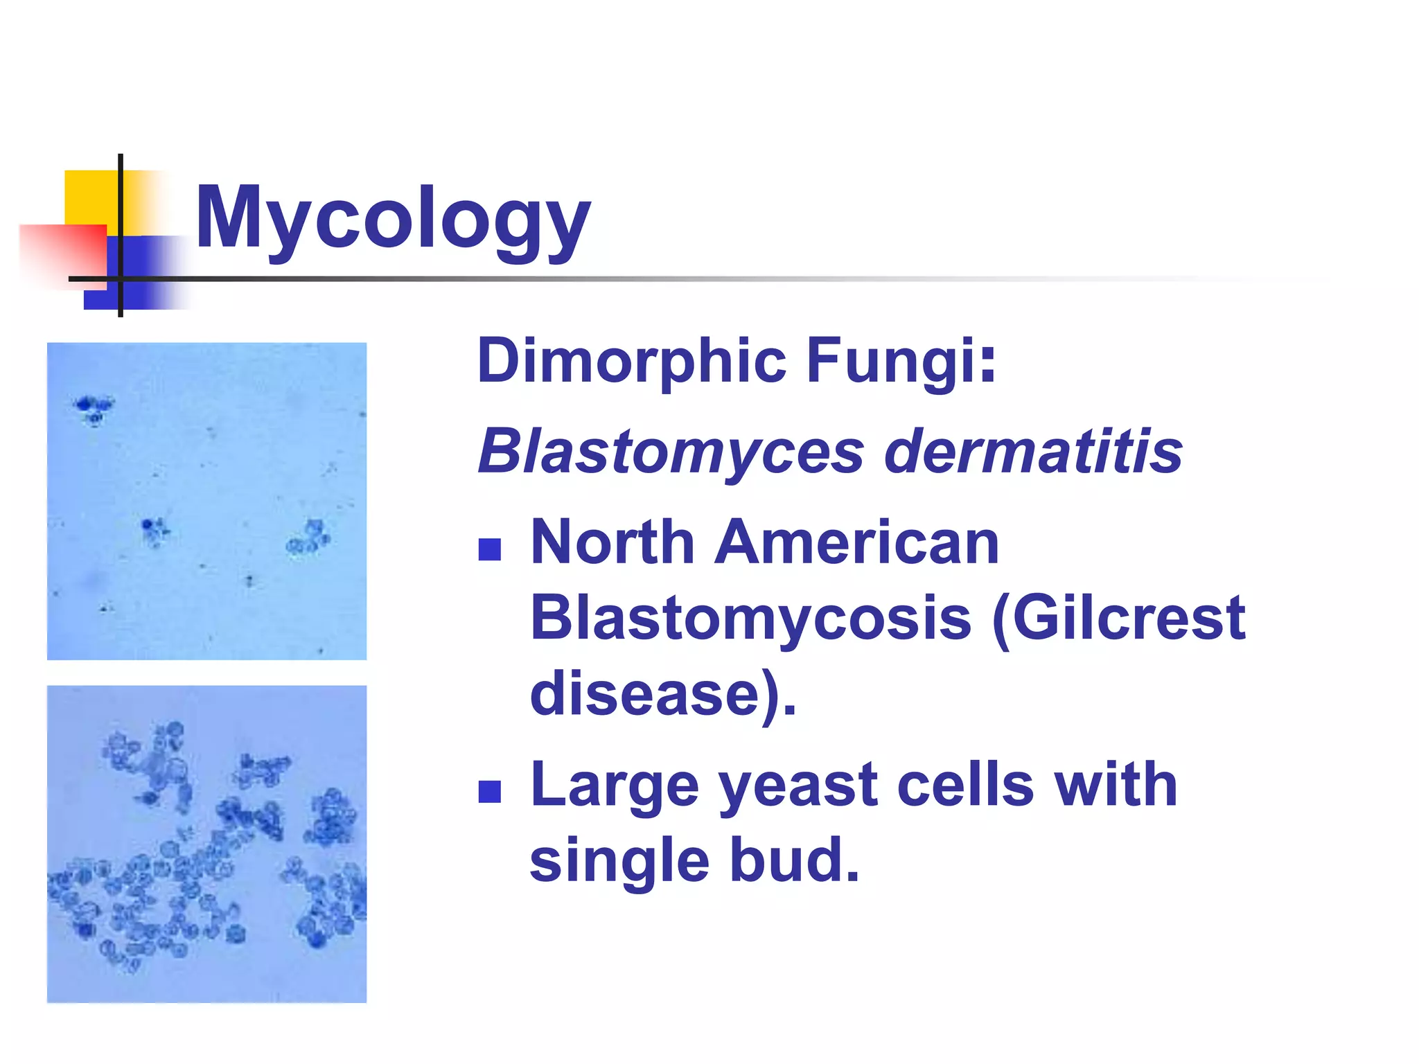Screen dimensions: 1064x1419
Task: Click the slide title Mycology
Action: pyautogui.click(x=393, y=218)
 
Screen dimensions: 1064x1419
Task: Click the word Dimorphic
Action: pyautogui.click(x=631, y=360)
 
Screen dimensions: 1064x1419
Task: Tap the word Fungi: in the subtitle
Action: pyautogui.click(x=900, y=362)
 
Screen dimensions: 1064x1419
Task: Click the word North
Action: pyautogui.click(x=612, y=542)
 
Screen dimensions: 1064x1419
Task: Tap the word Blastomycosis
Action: pyautogui.click(x=750, y=618)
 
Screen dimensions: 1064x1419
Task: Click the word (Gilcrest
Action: pyautogui.click(x=1119, y=618)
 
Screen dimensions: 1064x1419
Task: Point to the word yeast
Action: pyautogui.click(x=797, y=786)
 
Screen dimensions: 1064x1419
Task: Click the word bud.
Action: pyautogui.click(x=794, y=861)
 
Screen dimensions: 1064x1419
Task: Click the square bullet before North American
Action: pyautogui.click(x=490, y=549)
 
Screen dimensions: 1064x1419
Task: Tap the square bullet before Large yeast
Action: pyautogui.click(x=490, y=792)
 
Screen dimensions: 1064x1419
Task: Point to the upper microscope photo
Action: pyautogui.click(x=206, y=501)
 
